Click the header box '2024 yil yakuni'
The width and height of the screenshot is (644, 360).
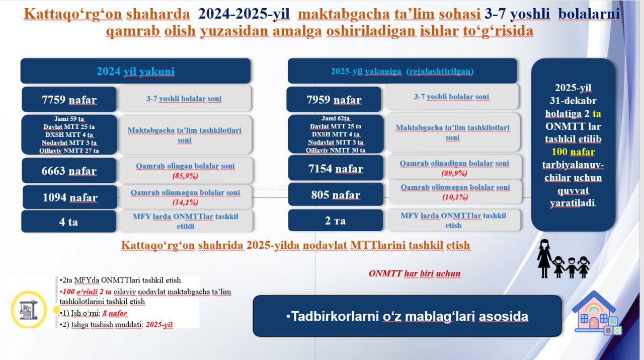pyautogui.click(x=135, y=71)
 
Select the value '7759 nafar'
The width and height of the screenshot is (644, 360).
pyautogui.click(x=69, y=100)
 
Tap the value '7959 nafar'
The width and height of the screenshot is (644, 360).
pyautogui.click(x=334, y=100)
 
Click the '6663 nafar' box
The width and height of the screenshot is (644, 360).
pyautogui.click(x=69, y=171)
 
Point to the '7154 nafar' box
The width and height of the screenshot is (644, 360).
pyautogui.click(x=336, y=168)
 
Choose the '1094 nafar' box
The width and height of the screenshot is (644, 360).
pyautogui.click(x=70, y=197)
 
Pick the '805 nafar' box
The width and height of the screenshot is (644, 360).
pyautogui.click(x=336, y=194)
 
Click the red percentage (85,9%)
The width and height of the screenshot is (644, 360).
pyautogui.click(x=185, y=176)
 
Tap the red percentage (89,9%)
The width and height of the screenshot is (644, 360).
pyautogui.click(x=454, y=173)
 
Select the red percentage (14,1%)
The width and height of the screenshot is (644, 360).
pyautogui.click(x=185, y=202)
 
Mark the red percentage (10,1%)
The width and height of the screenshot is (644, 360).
pyautogui.click(x=455, y=197)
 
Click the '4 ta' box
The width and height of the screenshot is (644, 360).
pyautogui.click(x=69, y=222)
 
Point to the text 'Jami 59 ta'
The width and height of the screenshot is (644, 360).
pyautogui.click(x=69, y=118)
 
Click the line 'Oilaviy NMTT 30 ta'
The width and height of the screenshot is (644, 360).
pyautogui.click(x=336, y=150)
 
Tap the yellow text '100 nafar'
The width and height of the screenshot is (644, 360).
pyautogui.click(x=573, y=152)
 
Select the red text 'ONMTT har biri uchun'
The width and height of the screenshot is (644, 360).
pyautogui.click(x=415, y=273)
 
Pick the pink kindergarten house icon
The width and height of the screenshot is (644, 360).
pyautogui.click(x=596, y=313)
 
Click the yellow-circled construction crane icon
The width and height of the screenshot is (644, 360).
pyautogui.click(x=29, y=310)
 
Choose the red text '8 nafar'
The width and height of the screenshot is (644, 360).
pyautogui.click(x=115, y=313)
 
